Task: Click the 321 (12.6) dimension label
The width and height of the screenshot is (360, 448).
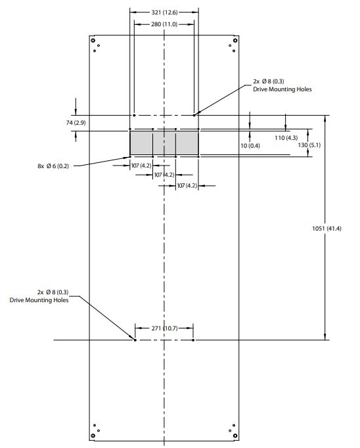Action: [x=164, y=12]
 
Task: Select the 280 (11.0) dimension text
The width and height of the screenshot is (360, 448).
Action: [x=164, y=24]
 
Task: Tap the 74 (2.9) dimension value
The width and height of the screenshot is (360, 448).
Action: [x=76, y=123]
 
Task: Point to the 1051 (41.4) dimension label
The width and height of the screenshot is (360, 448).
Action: [x=326, y=229]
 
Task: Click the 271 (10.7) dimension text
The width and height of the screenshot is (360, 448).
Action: [x=164, y=328]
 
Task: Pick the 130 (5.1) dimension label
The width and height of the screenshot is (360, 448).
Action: [x=309, y=145]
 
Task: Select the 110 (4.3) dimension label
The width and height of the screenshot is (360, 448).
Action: [x=286, y=138]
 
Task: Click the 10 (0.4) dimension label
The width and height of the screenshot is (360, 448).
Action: [x=250, y=146]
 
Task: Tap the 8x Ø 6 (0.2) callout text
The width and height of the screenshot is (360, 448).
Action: [x=53, y=166]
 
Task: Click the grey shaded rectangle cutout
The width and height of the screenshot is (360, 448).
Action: [x=164, y=143]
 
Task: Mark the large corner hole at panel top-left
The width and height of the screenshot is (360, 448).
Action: [x=93, y=40]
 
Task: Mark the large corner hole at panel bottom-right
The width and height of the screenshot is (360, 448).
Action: [x=235, y=436]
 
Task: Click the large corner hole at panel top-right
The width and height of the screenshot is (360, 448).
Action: [x=235, y=40]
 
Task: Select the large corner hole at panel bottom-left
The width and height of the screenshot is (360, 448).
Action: [x=93, y=436]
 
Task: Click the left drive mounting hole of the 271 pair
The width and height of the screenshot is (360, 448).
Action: [x=135, y=340]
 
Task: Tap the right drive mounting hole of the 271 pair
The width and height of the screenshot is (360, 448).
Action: [x=193, y=340]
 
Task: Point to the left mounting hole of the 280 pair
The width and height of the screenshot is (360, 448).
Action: [x=134, y=115]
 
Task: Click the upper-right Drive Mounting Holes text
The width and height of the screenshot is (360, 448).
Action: [x=282, y=89]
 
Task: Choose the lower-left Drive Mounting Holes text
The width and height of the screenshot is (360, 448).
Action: [x=39, y=300]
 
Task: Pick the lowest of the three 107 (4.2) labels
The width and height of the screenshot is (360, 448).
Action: [x=187, y=186]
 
